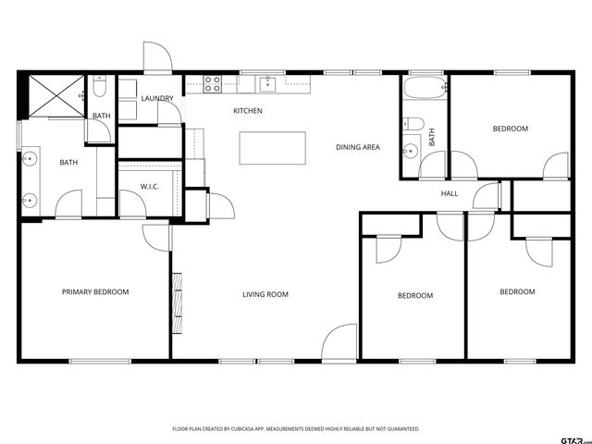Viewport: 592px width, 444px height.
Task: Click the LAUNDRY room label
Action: [157, 98]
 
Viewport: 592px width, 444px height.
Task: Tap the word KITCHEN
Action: [247, 111]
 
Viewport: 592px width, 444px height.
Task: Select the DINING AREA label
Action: [358, 147]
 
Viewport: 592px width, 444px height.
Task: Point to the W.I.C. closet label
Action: [151, 187]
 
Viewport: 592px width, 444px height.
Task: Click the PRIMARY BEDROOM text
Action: [95, 292]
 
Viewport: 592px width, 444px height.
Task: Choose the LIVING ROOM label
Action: [265, 295]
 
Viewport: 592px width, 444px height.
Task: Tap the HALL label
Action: [450, 193]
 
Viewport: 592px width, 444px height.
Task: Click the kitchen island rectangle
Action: [273, 147]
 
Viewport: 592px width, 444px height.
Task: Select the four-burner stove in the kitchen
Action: [213, 85]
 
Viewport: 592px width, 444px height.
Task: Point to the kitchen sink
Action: [267, 85]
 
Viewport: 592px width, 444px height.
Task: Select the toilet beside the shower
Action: [101, 90]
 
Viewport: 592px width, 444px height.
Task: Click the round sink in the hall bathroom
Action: [409, 151]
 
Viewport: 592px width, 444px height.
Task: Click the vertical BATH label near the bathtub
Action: [432, 138]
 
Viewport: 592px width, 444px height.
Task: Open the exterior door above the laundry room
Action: [157, 57]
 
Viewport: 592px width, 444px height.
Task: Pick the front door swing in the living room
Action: [340, 341]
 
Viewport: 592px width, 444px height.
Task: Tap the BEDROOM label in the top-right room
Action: [510, 129]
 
